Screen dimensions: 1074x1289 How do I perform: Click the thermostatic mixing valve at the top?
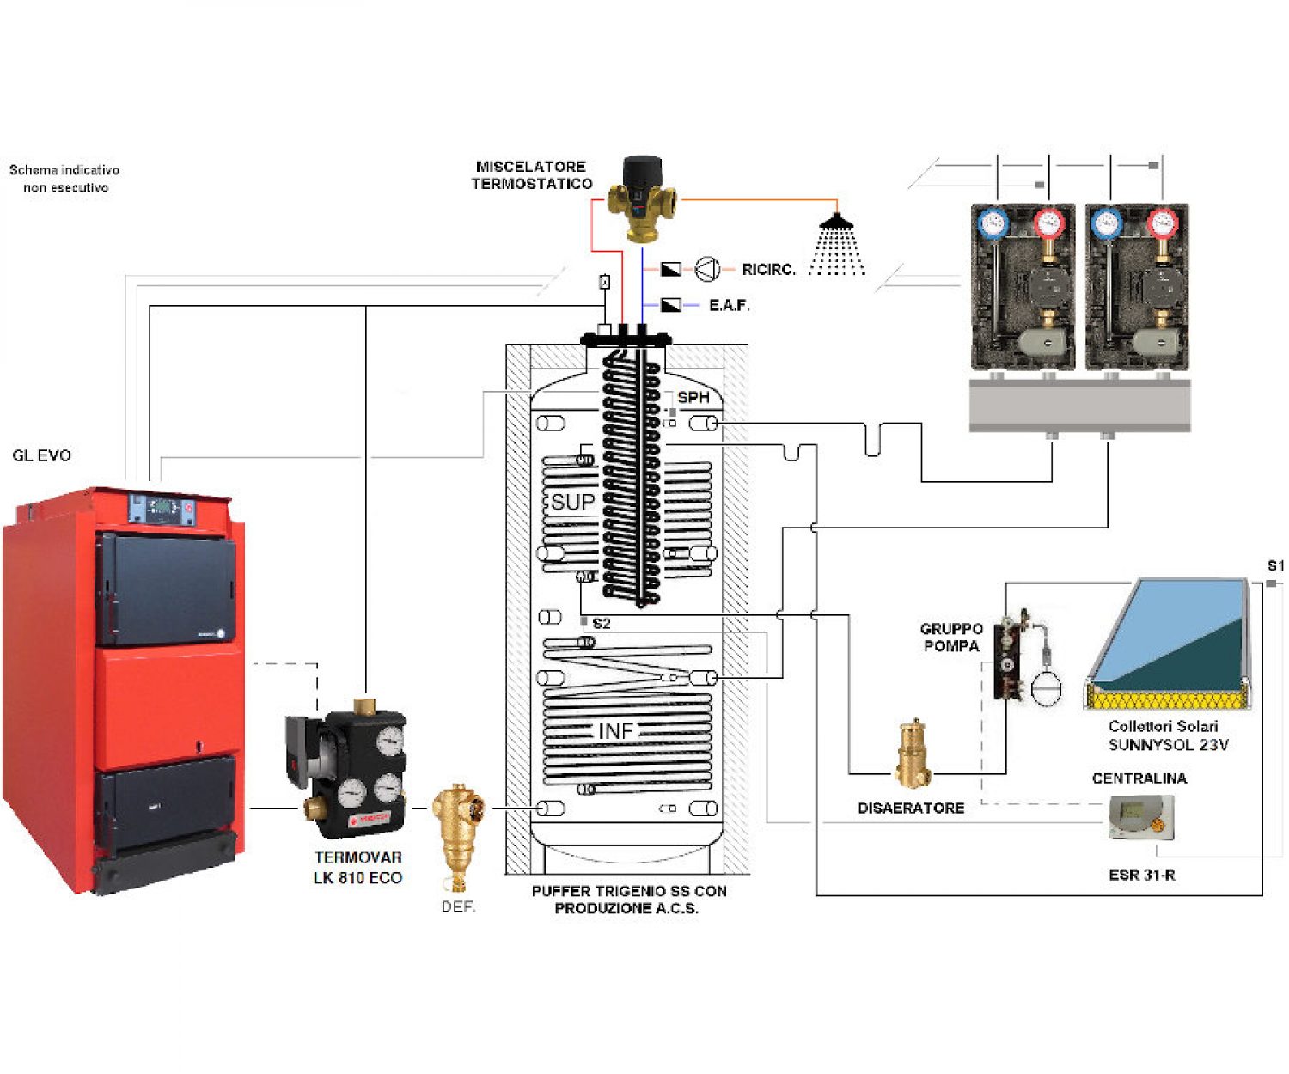tap(643, 198)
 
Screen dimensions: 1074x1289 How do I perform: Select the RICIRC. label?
tap(768, 270)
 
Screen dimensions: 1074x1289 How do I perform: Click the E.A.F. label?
tap(729, 305)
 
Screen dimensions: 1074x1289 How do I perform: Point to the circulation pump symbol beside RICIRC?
tap(707, 270)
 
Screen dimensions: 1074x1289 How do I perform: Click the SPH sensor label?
tap(693, 397)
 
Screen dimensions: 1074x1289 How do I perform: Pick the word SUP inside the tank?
tap(572, 502)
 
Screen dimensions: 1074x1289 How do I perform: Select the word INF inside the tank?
tap(615, 731)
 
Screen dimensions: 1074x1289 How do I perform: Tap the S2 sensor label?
tap(602, 623)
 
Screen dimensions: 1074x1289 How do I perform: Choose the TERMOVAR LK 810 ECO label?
tap(357, 867)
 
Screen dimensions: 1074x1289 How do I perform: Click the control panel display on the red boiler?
tap(162, 508)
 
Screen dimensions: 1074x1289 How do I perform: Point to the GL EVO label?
tap(42, 455)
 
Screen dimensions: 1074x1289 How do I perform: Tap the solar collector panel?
tap(1170, 640)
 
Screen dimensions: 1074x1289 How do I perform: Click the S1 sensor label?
tap(1275, 566)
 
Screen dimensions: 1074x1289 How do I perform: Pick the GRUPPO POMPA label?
tap(951, 638)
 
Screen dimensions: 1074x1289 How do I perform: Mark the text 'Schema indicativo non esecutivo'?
tap(64, 179)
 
